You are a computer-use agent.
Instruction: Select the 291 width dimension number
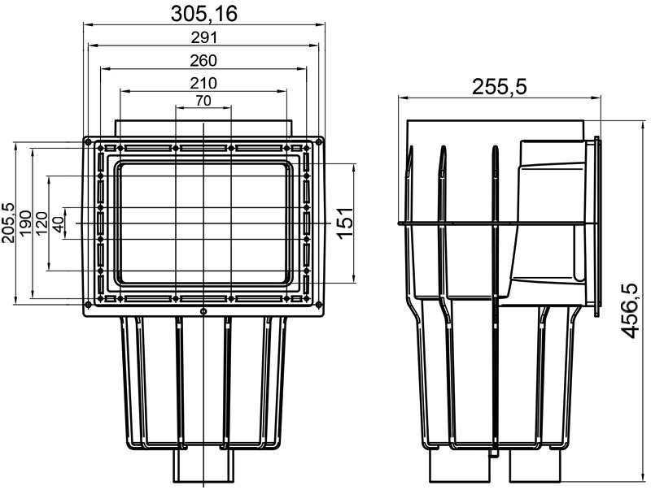pyautogui.click(x=203, y=37)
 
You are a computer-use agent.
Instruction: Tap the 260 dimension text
pyautogui.click(x=203, y=60)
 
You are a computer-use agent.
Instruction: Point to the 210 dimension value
pyautogui.click(x=203, y=82)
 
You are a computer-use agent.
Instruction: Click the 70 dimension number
pyautogui.click(x=203, y=101)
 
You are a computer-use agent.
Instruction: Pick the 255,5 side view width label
pyautogui.click(x=499, y=86)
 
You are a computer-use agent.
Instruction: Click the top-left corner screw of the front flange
pyautogui.click(x=86, y=141)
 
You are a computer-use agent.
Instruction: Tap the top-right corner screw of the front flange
pyautogui.click(x=320, y=141)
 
